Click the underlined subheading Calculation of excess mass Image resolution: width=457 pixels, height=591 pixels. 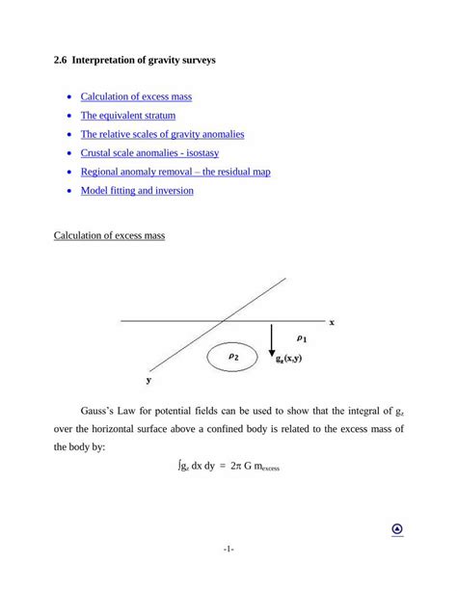pos(110,236)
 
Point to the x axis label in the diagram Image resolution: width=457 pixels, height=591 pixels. pos(332,322)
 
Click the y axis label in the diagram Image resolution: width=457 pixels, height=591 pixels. pos(148,380)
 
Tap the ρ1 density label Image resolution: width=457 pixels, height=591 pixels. pos(302,338)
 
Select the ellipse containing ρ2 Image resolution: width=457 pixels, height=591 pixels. pos(234,357)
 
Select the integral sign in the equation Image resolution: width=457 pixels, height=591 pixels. pos(179,465)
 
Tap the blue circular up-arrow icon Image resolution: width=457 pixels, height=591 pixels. pos(397,529)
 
